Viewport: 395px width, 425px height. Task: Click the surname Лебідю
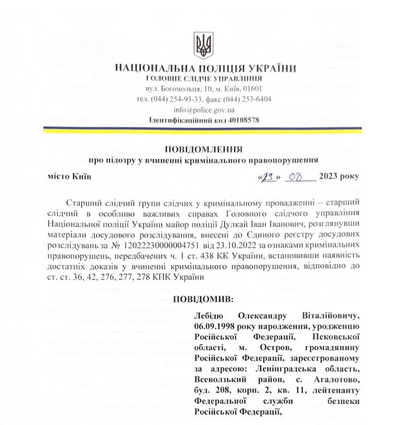[x=212, y=315]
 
